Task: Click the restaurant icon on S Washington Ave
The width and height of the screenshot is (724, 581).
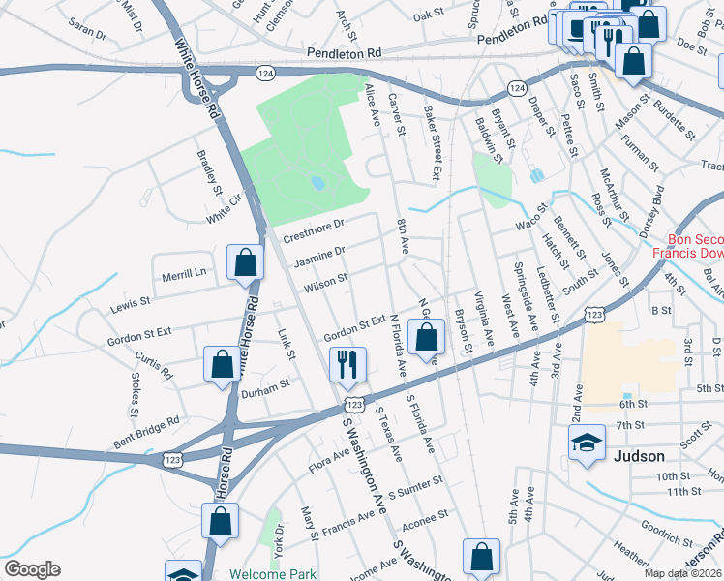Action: click(x=346, y=365)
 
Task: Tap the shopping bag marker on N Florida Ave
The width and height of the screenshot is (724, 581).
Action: click(x=427, y=338)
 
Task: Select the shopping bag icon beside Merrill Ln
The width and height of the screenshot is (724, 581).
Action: click(x=245, y=261)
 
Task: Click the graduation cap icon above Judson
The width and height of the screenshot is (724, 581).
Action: click(x=587, y=443)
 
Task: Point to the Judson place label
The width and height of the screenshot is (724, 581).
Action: click(x=639, y=456)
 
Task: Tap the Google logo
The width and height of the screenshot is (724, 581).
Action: click(x=32, y=569)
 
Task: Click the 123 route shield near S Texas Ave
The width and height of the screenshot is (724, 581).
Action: click(x=355, y=404)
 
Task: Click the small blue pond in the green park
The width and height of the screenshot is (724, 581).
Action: click(x=317, y=182)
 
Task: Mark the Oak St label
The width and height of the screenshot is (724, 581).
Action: click(x=427, y=16)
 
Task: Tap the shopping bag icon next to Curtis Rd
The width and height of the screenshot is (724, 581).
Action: click(x=221, y=365)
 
